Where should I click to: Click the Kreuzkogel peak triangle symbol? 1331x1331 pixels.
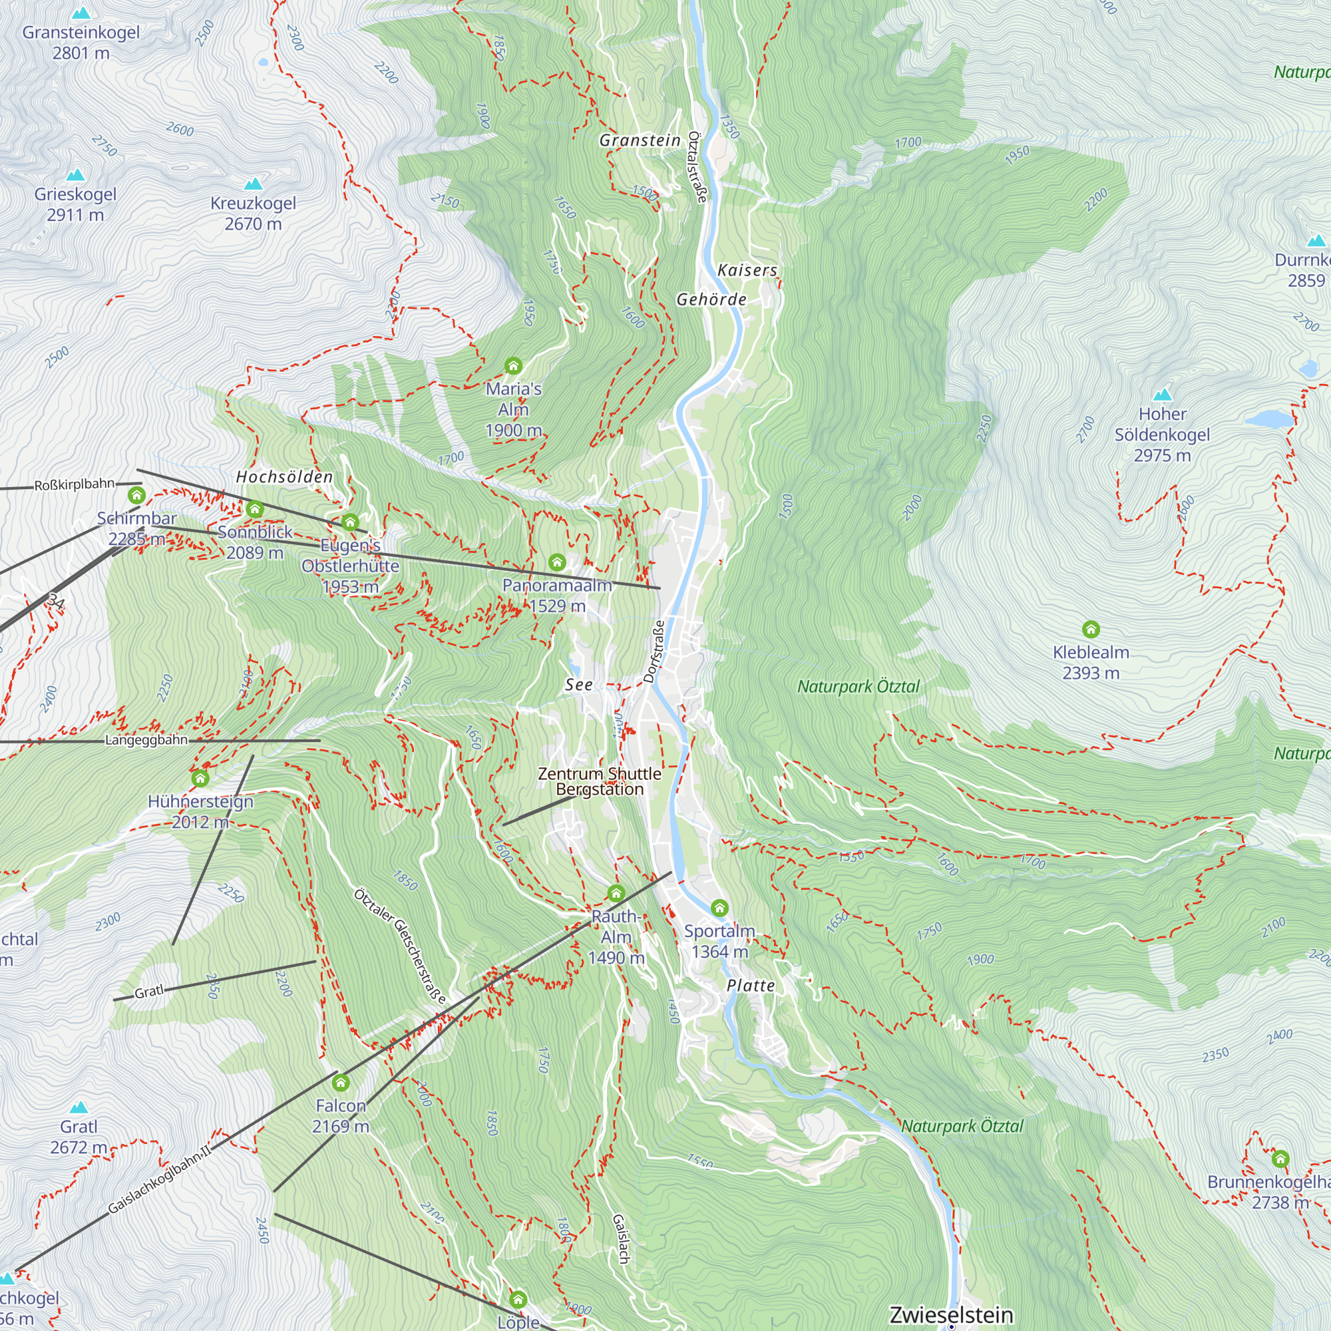[254, 184]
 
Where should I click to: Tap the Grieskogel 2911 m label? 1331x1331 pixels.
[75, 204]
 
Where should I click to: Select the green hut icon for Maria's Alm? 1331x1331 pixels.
[512, 365]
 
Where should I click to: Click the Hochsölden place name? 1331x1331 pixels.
[285, 476]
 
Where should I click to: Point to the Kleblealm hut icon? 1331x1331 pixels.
[1091, 629]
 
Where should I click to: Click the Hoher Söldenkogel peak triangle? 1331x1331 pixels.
[1163, 395]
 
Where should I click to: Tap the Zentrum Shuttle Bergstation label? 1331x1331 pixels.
[600, 781]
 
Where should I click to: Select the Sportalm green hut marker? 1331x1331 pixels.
[719, 907]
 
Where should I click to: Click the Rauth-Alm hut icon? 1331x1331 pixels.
[616, 894]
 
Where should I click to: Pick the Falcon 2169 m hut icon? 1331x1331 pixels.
[340, 1083]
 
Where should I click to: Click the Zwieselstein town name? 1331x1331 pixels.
[951, 1314]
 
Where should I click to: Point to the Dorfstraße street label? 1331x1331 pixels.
[654, 651]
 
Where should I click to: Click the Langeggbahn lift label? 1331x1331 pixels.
[146, 740]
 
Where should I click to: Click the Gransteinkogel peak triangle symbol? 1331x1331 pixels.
[81, 13]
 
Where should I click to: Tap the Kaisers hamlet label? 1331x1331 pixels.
[747, 270]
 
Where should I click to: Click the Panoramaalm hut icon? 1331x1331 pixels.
[556, 562]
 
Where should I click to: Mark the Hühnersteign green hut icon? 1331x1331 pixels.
[200, 779]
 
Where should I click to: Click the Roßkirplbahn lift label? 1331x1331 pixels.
[75, 484]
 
